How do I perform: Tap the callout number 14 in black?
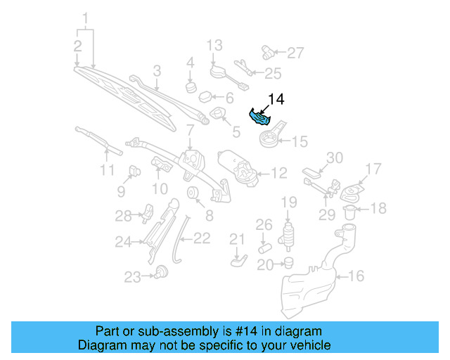276,100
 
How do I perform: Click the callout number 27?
296,52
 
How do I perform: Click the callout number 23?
132,278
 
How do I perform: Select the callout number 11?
106,170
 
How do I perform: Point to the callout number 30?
334,157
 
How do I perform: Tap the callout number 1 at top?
86,17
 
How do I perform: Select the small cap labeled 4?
190,87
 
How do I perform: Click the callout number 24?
124,242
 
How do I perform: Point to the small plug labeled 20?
287,263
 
